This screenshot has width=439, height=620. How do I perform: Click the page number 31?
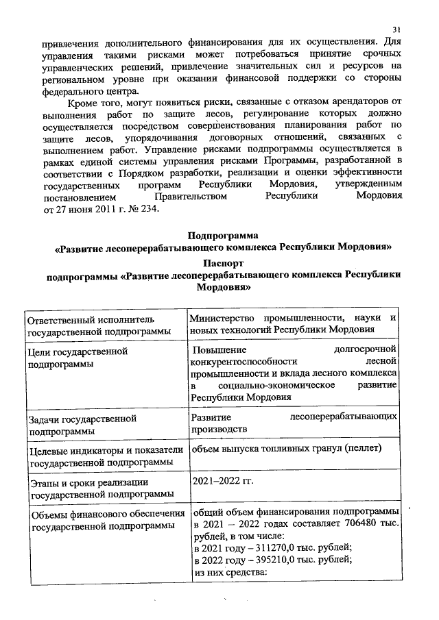[x=396, y=29]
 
